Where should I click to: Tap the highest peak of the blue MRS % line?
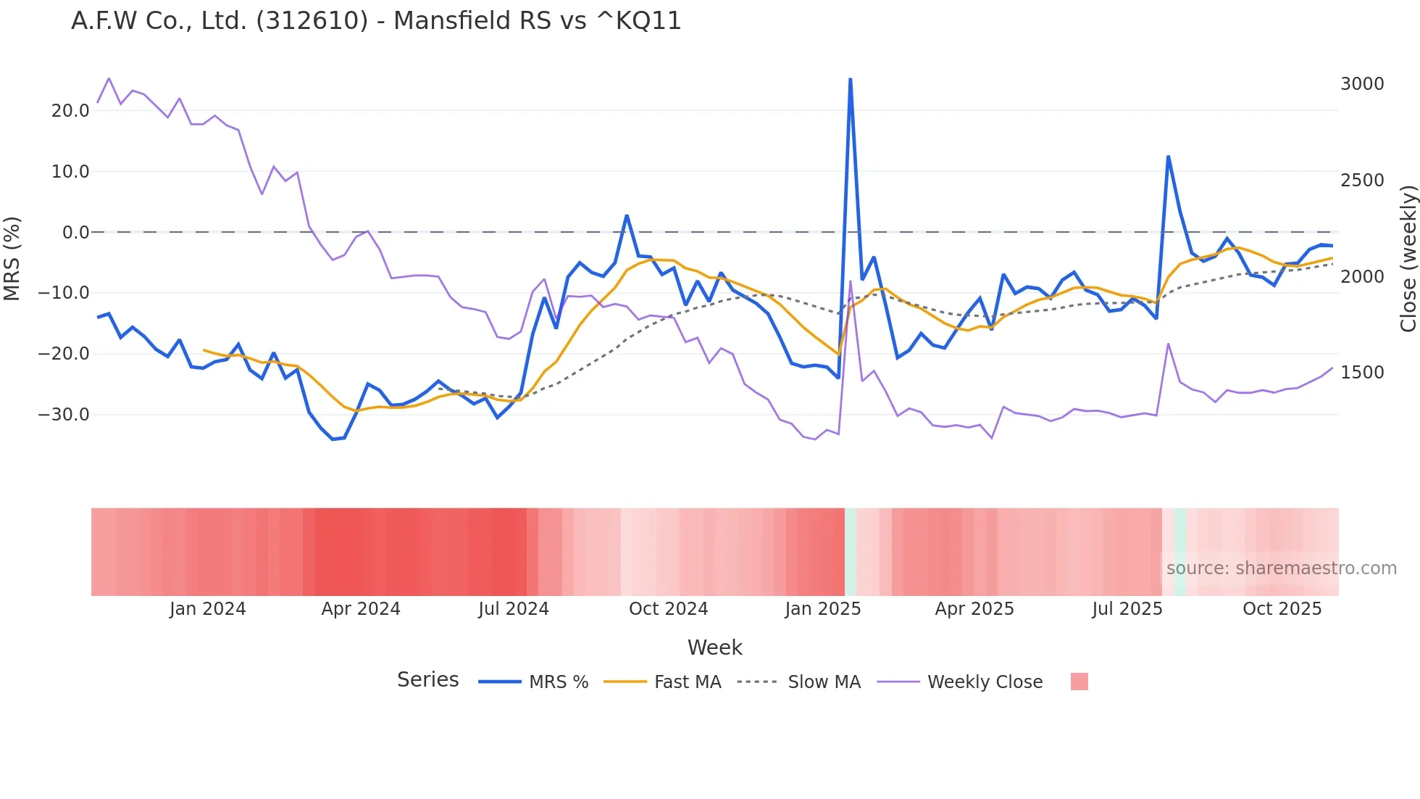850,79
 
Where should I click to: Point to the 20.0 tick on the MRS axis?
70,111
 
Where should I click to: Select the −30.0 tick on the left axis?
64,415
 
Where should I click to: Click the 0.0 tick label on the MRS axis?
75,233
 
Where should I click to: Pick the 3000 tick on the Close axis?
1362,84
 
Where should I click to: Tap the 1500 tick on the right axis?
1362,373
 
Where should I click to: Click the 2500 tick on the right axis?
1362,181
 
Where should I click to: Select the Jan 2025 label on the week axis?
822,609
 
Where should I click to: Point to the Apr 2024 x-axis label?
361,609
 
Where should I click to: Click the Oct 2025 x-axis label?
1282,609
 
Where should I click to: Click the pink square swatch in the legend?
1079,682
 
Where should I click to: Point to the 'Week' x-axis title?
714,647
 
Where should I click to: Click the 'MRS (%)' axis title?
12,258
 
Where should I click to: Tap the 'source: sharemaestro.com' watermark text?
1281,568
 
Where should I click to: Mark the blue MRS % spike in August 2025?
1168,157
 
